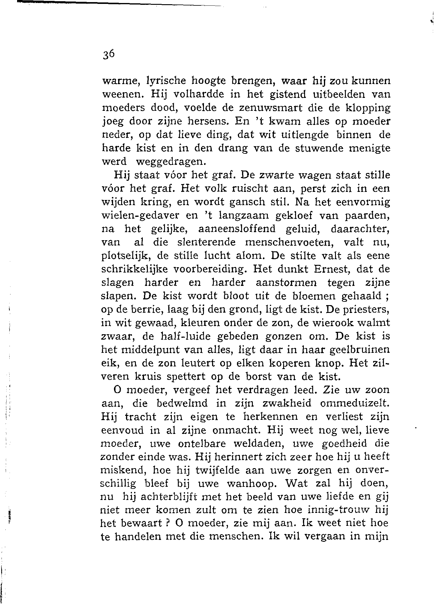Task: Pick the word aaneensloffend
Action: point(237,229)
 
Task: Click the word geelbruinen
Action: point(360,350)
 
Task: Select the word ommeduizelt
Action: point(355,403)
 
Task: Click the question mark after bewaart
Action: point(169,524)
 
